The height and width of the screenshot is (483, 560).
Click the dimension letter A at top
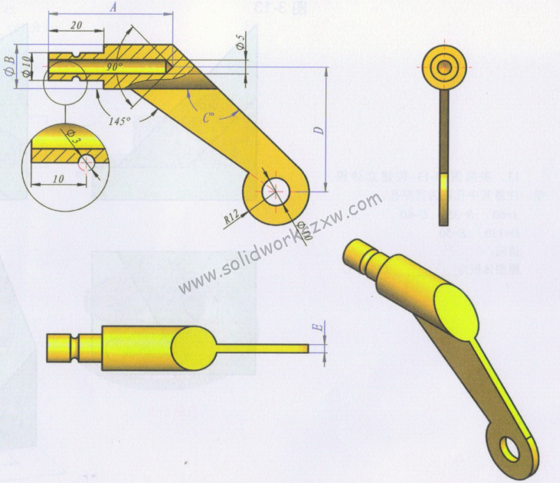(113, 7)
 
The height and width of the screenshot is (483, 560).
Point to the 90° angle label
(114, 67)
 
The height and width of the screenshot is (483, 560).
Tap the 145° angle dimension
(119, 121)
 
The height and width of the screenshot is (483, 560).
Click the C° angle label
(208, 118)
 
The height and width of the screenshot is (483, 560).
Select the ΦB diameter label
(9, 66)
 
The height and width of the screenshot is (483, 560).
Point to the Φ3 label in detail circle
(74, 138)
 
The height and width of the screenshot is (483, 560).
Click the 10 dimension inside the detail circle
(58, 179)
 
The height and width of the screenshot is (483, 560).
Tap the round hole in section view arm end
(275, 189)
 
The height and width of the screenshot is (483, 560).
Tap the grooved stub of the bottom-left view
(73, 346)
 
